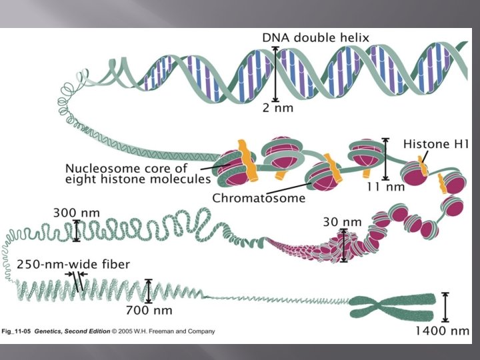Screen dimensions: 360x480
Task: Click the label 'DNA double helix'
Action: point(315,38)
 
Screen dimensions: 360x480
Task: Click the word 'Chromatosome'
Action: point(259,197)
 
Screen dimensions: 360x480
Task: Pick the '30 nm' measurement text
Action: point(342,221)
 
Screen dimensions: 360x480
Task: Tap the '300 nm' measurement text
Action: point(77,213)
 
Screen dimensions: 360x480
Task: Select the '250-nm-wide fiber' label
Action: point(73,264)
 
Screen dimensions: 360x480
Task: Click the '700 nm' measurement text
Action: point(149,310)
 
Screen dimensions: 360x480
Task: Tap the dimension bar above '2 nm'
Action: point(275,73)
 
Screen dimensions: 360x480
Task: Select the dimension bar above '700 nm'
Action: point(148,291)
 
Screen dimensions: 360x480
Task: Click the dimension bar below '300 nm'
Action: point(76,231)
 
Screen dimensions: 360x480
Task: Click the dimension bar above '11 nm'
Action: point(385,157)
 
